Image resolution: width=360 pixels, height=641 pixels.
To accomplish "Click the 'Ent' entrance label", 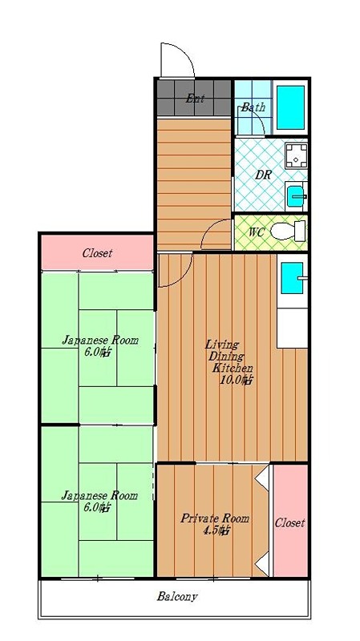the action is (195, 99).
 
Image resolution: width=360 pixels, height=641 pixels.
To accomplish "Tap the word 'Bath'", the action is (253, 107).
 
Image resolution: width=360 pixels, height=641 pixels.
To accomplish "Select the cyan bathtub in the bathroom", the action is (290, 107).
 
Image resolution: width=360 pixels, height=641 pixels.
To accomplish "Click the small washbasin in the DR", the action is (296, 196).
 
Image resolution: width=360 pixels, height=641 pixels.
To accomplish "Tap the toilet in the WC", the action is (289, 232).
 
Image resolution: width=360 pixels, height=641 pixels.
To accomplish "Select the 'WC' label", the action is (257, 232).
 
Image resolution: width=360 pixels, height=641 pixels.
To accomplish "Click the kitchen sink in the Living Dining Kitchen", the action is (291, 278).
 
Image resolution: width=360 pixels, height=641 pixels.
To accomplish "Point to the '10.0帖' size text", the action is (236, 380).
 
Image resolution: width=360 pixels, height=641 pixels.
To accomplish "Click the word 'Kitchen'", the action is (233, 368).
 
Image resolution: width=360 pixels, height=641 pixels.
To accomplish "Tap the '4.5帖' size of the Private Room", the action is (216, 530).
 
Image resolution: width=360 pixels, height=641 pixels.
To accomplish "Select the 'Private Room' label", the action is (215, 518).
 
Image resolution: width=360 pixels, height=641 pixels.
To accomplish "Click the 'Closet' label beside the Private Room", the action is (289, 523).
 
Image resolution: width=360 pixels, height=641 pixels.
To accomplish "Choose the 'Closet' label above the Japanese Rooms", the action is (97, 253).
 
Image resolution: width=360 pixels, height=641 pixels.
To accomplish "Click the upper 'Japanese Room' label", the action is (100, 340).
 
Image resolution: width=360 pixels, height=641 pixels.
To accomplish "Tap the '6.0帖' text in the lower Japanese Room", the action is (97, 508).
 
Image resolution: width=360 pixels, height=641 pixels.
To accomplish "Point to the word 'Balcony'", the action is (177, 596).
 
